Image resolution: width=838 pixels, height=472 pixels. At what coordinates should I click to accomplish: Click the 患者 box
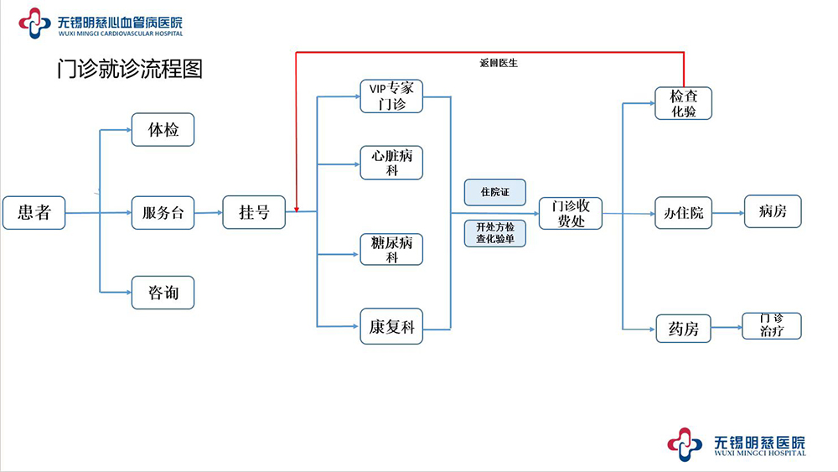[34, 213]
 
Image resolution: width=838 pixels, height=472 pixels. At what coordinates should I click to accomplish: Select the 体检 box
[163, 130]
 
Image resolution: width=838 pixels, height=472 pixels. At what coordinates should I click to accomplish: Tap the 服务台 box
[163, 213]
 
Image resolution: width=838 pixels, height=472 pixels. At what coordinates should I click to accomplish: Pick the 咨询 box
[163, 293]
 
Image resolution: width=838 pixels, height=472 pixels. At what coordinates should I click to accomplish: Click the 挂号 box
[254, 213]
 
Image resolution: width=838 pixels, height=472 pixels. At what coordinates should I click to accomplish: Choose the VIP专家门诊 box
[391, 96]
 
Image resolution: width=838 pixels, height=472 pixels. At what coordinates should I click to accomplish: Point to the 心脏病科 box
[391, 163]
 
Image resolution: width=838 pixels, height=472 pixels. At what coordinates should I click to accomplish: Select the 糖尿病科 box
[391, 250]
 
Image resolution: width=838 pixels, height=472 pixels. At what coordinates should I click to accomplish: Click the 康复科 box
[391, 327]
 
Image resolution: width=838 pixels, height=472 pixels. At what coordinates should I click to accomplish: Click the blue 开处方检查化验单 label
[494, 233]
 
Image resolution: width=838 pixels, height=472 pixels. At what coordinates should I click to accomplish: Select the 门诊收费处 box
[570, 213]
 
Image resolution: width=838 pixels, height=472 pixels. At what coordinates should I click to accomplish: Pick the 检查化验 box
[683, 103]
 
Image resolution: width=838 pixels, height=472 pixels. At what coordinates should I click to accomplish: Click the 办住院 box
[683, 213]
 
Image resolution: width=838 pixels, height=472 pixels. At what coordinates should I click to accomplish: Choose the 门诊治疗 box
[772, 325]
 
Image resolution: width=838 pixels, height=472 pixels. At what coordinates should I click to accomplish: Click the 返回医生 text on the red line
[498, 63]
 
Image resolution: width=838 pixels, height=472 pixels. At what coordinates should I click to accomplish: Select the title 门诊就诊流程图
[129, 69]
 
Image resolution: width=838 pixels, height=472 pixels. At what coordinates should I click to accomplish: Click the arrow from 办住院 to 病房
[727, 213]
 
